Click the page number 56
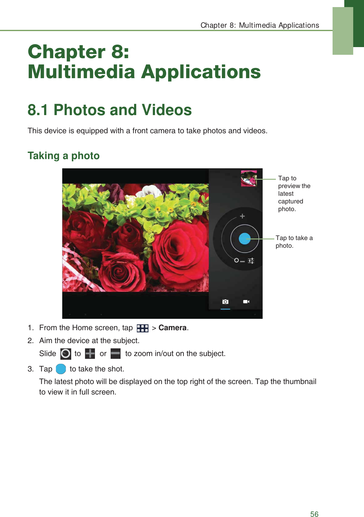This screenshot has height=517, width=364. click(x=314, y=514)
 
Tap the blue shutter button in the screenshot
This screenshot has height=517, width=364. click(x=245, y=238)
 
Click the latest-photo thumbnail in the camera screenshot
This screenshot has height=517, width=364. click(x=249, y=178)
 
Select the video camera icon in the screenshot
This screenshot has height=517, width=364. click(x=246, y=302)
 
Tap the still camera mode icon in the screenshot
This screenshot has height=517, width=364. click(x=225, y=302)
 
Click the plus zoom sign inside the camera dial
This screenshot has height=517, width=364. click(x=243, y=216)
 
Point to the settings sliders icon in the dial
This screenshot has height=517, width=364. click(x=251, y=261)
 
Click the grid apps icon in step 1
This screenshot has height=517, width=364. click(x=142, y=328)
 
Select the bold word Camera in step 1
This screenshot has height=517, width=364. click(x=172, y=328)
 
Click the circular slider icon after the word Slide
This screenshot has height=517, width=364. click(x=66, y=354)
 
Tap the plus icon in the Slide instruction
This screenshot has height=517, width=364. click(x=90, y=354)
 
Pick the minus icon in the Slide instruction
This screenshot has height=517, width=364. click(x=116, y=354)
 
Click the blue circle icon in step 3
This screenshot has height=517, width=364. click(x=61, y=369)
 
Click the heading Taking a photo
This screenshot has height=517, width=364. click(x=63, y=156)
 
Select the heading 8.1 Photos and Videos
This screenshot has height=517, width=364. click(x=109, y=110)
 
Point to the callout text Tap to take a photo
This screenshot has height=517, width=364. click(x=294, y=242)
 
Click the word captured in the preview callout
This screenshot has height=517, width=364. click(x=290, y=201)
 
